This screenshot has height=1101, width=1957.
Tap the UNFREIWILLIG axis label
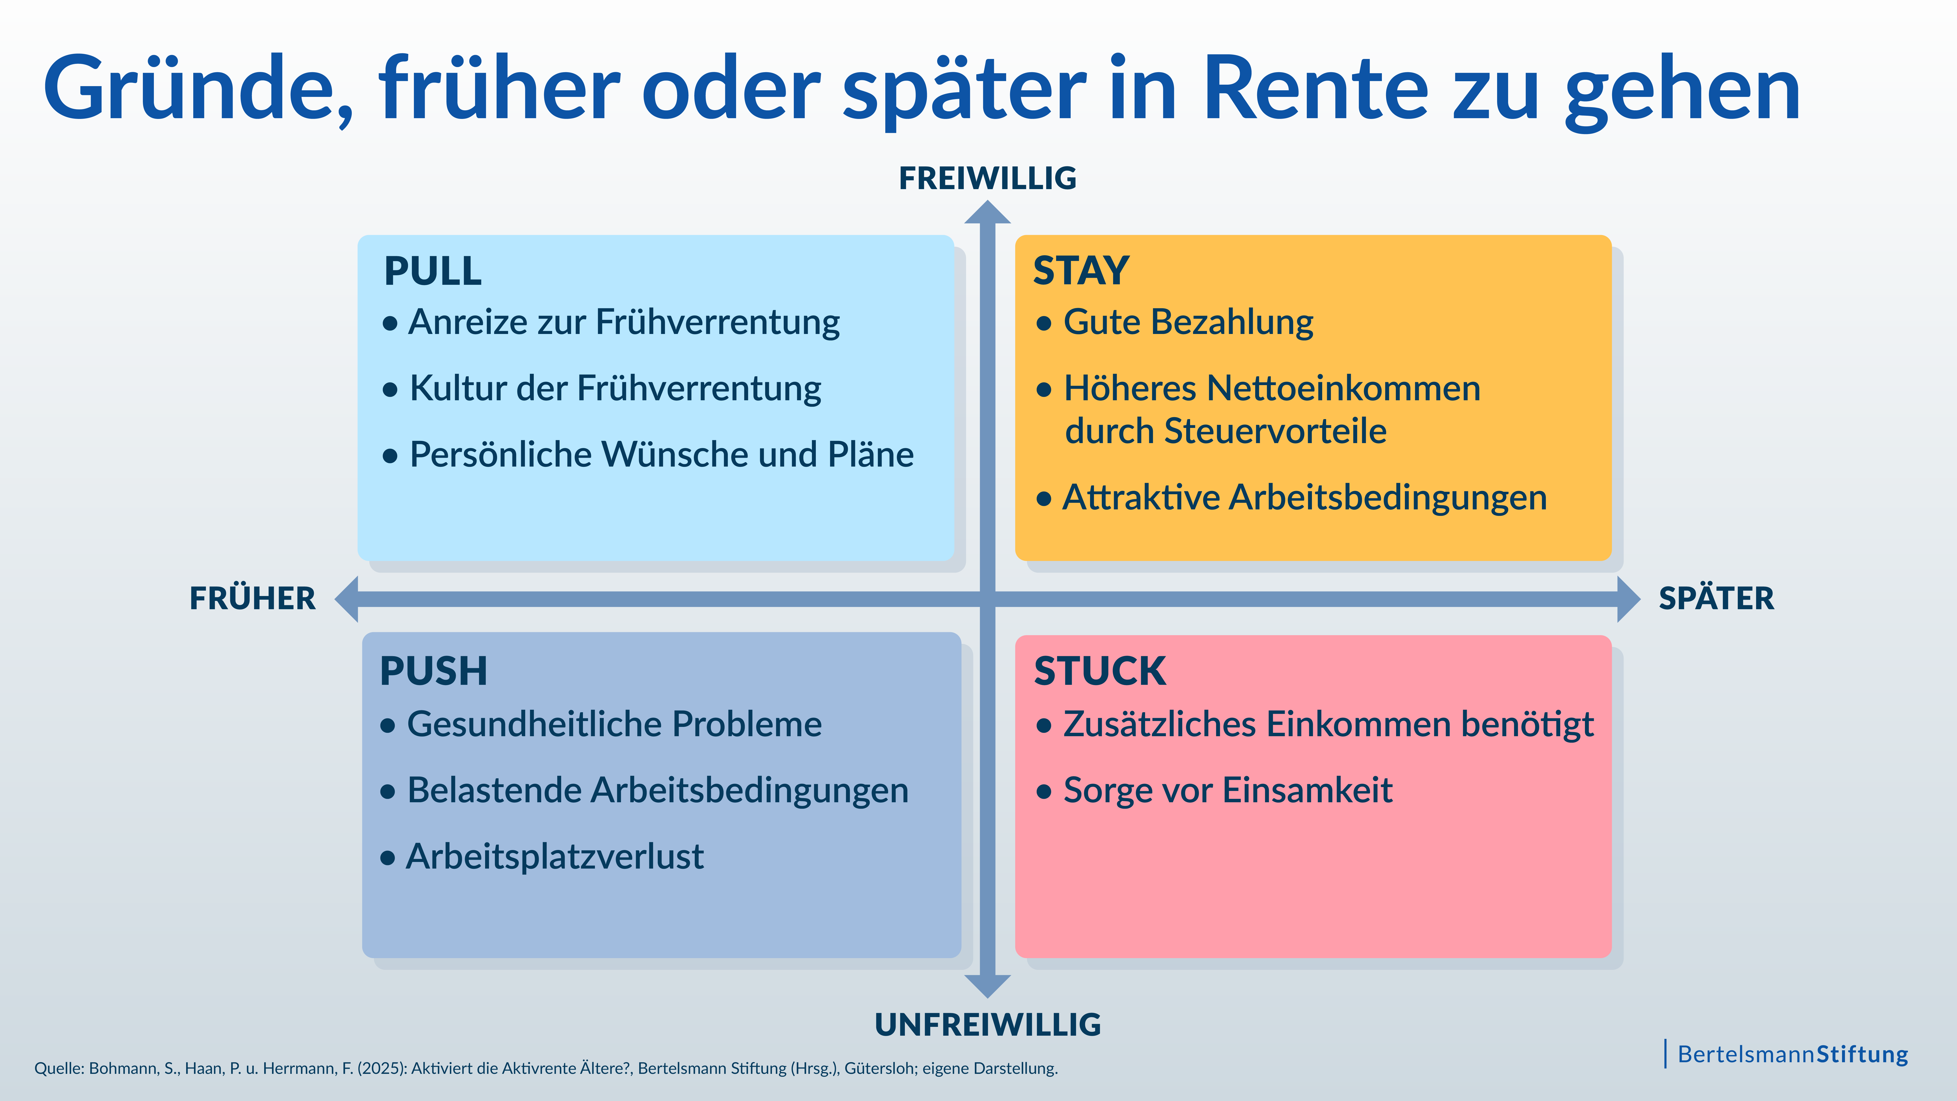pos(988,1024)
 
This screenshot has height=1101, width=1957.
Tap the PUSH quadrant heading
pos(433,671)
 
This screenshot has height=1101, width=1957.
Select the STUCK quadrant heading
pos(1099,671)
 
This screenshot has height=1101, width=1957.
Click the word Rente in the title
pos(1317,89)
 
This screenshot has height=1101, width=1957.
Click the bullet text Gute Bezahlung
pos(1188,322)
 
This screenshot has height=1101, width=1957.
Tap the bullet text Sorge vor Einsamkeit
pos(1228,790)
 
